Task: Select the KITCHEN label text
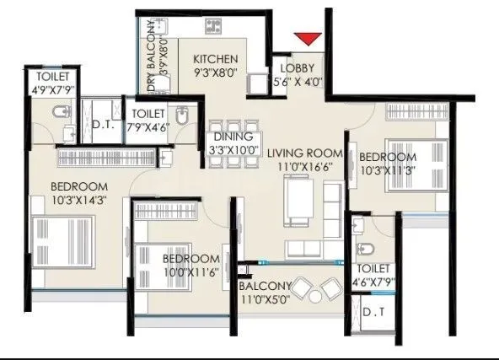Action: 215,59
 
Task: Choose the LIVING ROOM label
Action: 305,153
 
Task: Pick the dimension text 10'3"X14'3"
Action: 78,200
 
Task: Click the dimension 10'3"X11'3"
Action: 387,171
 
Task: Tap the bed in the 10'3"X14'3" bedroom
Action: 63,240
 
